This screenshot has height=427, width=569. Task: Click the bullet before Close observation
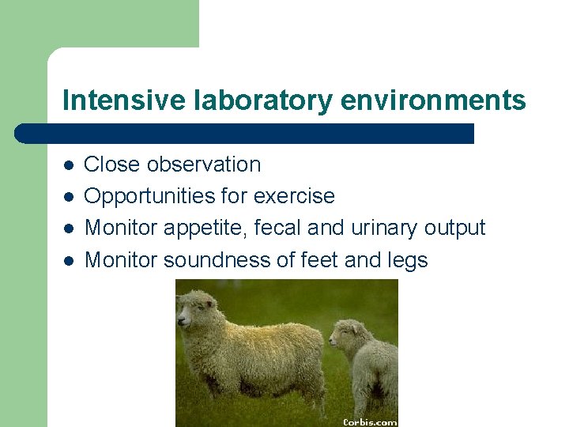[69, 165]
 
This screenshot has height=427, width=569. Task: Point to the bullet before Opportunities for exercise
[69, 197]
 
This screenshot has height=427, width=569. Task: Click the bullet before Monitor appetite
[69, 229]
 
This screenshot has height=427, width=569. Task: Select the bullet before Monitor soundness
[69, 260]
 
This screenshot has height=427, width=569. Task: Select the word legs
[407, 259]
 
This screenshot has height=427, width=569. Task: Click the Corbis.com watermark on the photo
[369, 421]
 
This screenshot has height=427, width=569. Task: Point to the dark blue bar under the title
[245, 133]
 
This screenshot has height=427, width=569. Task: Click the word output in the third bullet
[454, 228]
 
